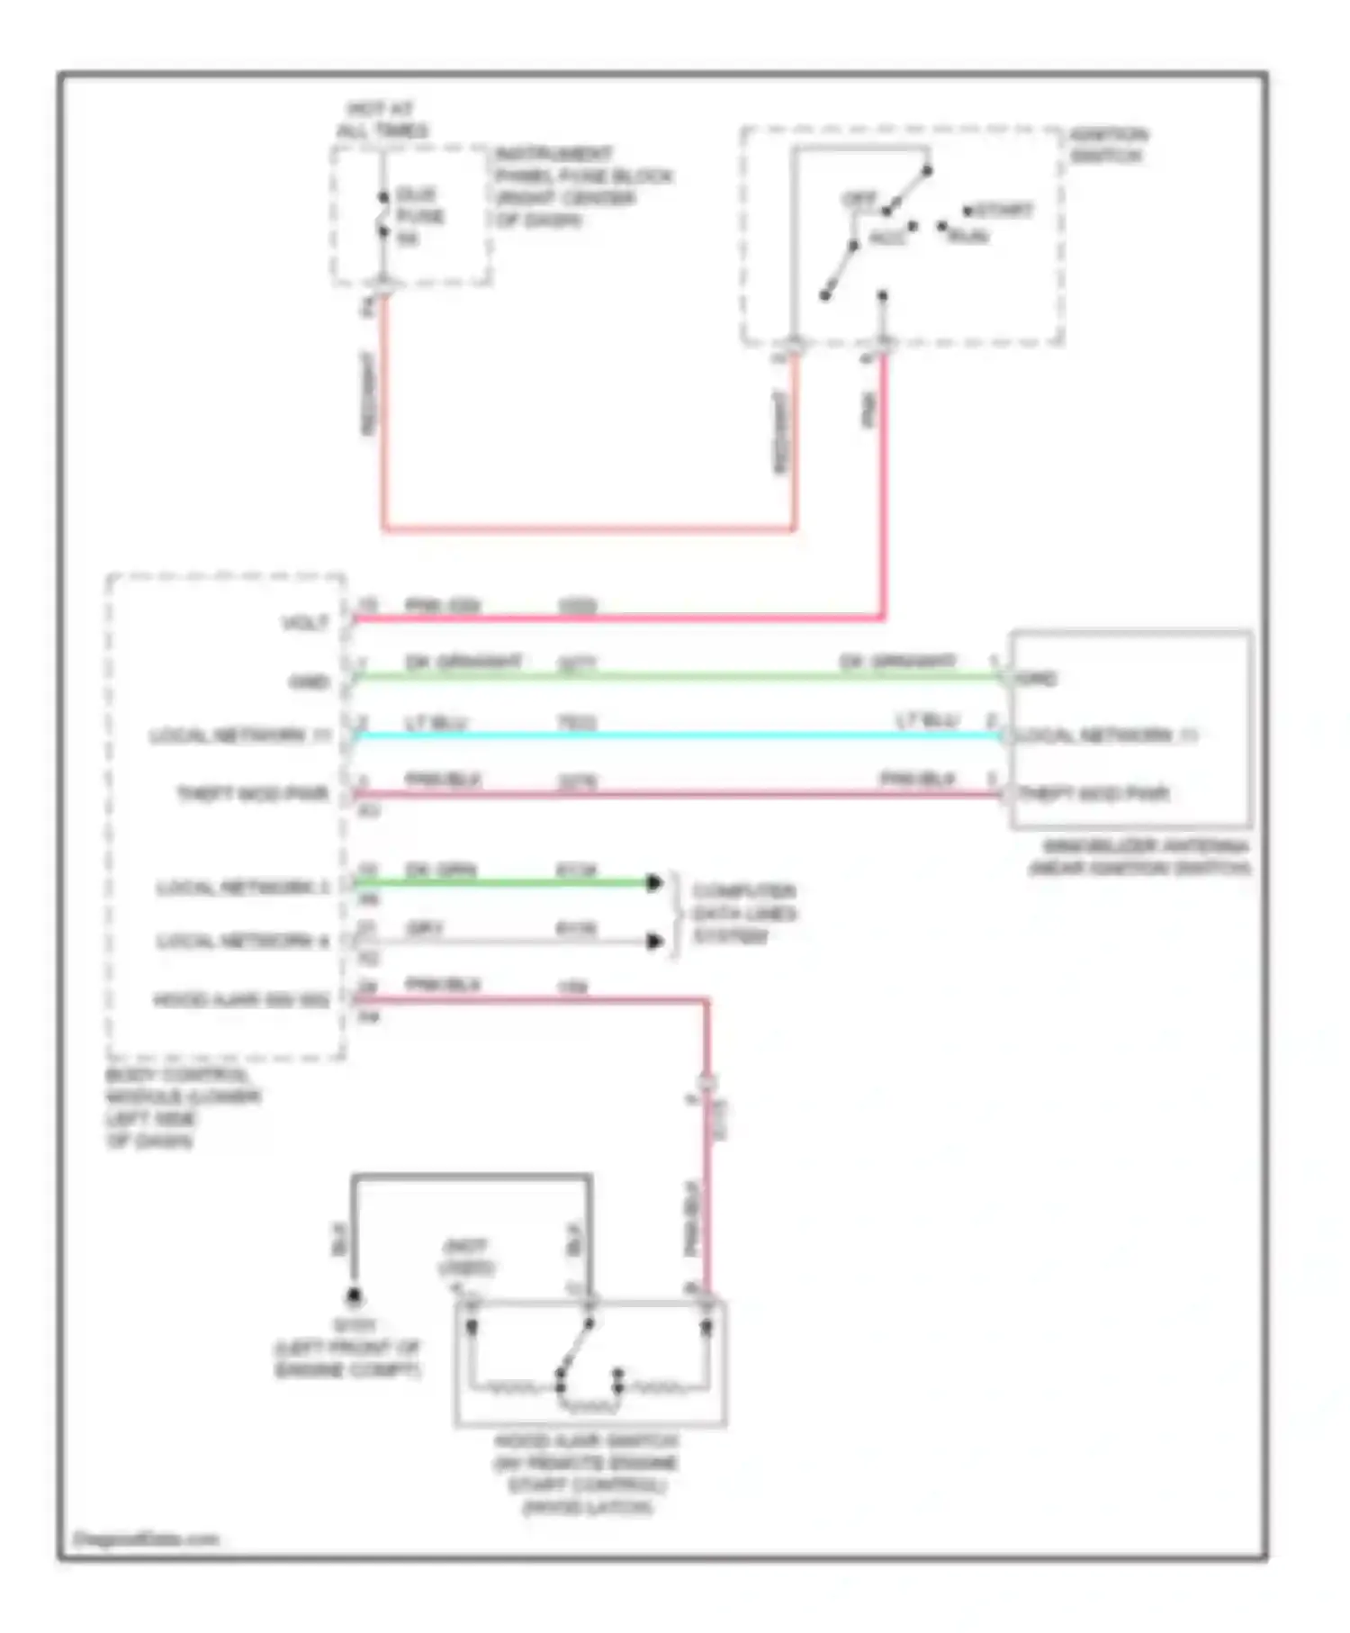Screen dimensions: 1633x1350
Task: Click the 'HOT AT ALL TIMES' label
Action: [382, 120]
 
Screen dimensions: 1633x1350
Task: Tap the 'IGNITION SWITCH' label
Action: [1108, 146]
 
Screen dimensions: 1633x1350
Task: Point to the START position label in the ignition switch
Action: [1003, 211]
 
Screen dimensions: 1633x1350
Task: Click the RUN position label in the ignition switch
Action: [968, 237]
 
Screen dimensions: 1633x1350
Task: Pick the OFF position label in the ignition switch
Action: [859, 200]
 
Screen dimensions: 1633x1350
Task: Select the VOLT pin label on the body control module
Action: [306, 623]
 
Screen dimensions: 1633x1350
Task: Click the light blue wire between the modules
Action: [675, 736]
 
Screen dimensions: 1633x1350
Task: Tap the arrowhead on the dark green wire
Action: [654, 883]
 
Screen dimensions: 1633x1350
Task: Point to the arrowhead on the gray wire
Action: [655, 942]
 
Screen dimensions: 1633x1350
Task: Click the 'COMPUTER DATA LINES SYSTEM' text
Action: [743, 914]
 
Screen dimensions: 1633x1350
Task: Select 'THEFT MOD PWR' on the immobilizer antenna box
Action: [1093, 794]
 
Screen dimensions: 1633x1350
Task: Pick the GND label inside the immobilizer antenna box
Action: [1036, 678]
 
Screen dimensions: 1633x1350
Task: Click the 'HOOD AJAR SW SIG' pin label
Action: [241, 1000]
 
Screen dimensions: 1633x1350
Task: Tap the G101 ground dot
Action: [355, 1297]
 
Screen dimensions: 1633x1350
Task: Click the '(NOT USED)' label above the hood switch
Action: [466, 1257]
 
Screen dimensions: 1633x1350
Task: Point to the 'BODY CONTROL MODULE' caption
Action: [184, 1107]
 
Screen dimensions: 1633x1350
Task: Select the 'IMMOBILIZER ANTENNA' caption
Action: [1139, 857]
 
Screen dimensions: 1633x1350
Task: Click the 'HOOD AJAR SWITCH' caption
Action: [586, 1474]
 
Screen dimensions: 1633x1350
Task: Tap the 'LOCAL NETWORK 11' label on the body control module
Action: [240, 736]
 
